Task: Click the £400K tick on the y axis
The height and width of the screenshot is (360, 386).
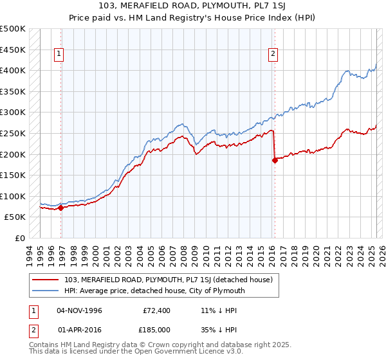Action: [14, 70]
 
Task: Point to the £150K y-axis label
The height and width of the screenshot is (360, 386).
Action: [14, 175]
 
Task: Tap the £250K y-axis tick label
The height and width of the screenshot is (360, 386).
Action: [14, 133]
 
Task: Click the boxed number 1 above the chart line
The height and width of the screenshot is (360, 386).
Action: [59, 54]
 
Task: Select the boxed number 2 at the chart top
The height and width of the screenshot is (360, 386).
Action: [273, 54]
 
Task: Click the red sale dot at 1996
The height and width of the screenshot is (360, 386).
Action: [61, 208]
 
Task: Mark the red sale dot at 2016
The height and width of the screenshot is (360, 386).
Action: [275, 161]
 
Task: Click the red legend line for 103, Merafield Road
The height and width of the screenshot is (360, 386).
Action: [46, 280]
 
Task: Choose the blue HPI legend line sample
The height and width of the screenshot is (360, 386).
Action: [46, 291]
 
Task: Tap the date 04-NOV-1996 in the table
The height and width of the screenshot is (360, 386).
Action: [79, 310]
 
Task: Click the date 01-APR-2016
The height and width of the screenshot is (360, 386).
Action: [79, 329]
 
